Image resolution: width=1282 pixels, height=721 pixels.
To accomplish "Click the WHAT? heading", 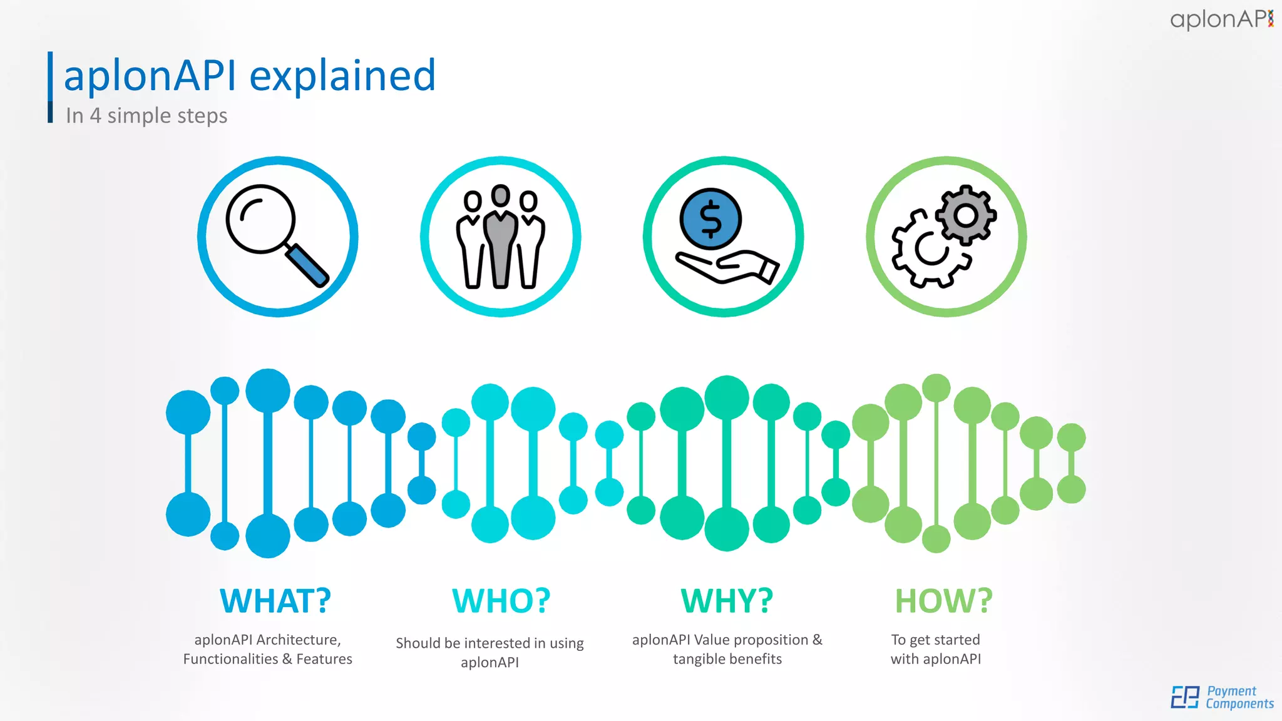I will tap(275, 601).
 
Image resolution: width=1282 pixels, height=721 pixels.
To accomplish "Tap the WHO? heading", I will tap(501, 601).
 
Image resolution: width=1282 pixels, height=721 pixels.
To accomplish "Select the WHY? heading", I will tap(727, 601).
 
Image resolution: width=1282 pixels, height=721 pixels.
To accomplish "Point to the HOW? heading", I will tap(943, 601).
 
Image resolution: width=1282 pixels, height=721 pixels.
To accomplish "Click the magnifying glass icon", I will tap(275, 235).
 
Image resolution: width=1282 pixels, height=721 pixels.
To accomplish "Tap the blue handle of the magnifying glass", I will tap(307, 265).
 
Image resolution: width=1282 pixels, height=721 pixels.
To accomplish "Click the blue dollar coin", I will tap(710, 219).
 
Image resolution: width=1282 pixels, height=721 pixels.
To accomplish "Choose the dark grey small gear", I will tap(966, 215).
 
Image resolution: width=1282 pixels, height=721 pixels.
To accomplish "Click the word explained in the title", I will tap(342, 76).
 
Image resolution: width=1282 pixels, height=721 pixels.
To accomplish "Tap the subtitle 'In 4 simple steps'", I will tap(146, 116).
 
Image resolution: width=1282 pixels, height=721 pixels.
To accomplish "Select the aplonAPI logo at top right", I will tap(1221, 19).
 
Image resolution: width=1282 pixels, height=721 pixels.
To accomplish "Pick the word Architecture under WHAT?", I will tap(298, 640).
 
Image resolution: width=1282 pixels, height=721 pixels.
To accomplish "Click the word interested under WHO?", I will tap(497, 643).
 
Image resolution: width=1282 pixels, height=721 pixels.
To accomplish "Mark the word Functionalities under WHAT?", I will tap(230, 659).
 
